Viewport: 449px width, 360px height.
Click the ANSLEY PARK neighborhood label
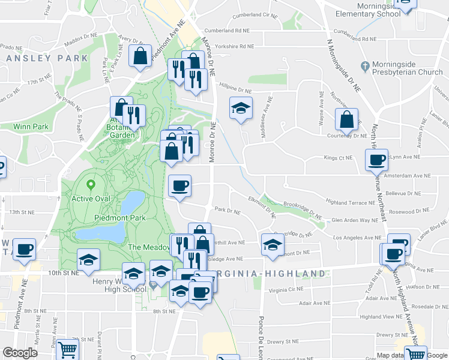47,58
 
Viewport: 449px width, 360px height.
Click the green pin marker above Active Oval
91,185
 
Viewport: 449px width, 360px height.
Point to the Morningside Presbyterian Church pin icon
364,65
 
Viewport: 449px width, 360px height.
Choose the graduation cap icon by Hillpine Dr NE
241,108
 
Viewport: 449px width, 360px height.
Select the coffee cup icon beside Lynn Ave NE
376,160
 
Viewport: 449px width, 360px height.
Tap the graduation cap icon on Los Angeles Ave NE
273,244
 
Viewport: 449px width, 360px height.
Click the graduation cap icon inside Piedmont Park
88,260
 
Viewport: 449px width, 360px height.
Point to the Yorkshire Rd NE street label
231,46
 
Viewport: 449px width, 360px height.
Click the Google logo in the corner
20,353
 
